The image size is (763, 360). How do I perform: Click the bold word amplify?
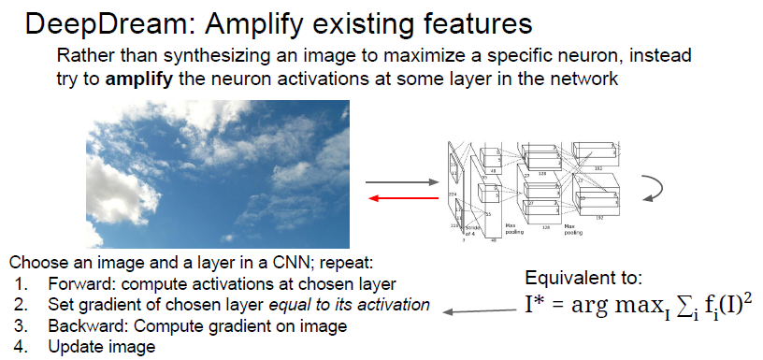[137, 79]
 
